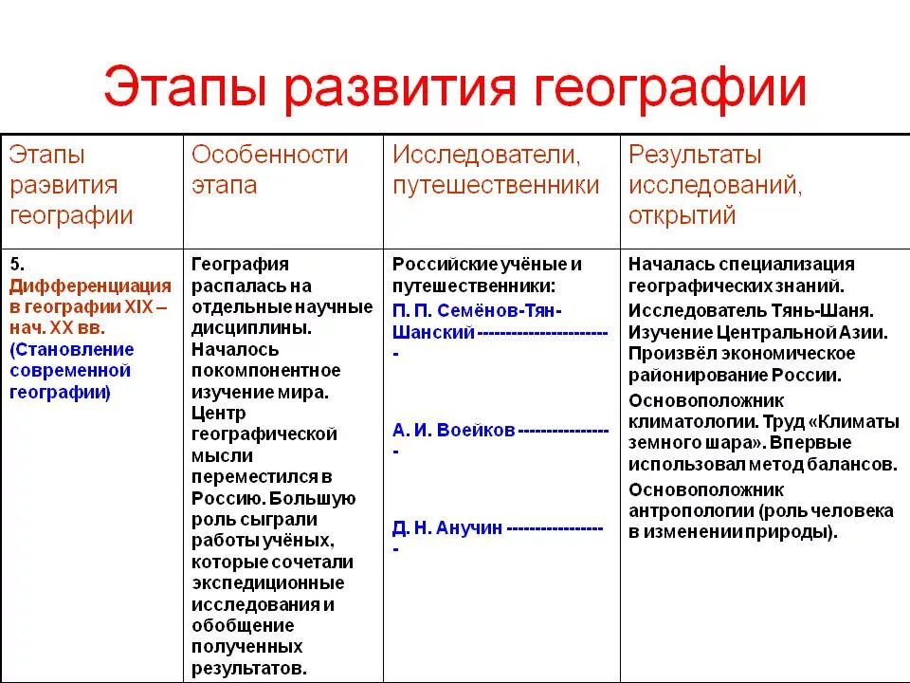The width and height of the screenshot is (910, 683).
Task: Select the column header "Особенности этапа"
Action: (x=270, y=168)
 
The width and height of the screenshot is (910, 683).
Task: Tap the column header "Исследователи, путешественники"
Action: (x=496, y=168)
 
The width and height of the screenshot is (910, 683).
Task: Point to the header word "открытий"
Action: (x=682, y=214)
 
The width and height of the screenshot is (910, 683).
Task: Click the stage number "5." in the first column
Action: (x=16, y=265)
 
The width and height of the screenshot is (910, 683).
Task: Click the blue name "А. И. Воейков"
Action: (x=454, y=430)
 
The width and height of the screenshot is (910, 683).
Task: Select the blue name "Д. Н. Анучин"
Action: (x=447, y=528)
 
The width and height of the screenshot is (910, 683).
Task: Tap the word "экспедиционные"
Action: (x=268, y=582)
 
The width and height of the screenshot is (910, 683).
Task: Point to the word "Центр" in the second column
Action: (x=218, y=413)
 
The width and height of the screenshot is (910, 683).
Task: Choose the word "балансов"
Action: (x=856, y=465)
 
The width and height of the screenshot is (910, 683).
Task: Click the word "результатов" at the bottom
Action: (x=248, y=668)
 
